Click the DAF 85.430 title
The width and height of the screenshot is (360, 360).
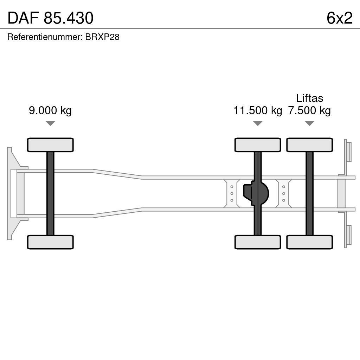point(50,18)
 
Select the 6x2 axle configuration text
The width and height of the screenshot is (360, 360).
point(339,18)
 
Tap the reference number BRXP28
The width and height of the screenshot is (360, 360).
point(102,37)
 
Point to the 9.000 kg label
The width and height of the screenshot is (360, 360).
point(50,111)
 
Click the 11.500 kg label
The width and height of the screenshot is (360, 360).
point(258,111)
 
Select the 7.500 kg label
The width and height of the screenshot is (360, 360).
point(309,111)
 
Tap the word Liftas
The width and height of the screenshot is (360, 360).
point(309,98)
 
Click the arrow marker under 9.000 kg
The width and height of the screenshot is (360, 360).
point(50,123)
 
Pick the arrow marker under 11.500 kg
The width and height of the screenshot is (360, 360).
point(258,123)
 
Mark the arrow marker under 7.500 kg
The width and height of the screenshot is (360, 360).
point(309,123)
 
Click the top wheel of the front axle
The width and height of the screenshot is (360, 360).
point(50,145)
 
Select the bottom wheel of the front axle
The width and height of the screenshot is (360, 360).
point(50,242)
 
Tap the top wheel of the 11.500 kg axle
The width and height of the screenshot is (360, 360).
point(258,145)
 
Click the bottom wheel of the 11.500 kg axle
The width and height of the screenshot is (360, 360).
point(258,242)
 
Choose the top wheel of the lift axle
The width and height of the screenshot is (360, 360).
point(309,145)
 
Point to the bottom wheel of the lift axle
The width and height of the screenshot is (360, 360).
point(309,242)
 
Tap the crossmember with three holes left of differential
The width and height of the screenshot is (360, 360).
point(232,193)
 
